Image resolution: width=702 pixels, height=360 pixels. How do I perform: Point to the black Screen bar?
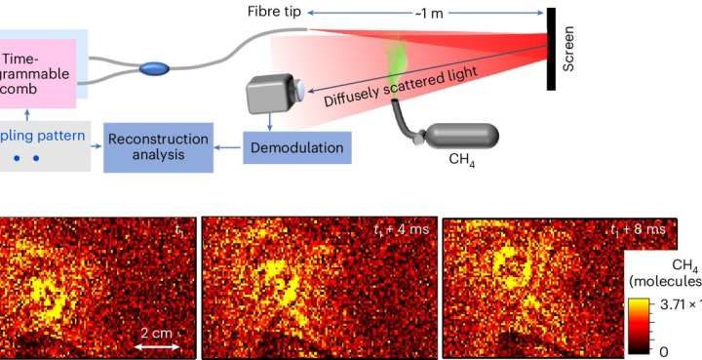pos(552,49)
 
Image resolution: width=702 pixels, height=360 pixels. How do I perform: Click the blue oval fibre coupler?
pos(153,68)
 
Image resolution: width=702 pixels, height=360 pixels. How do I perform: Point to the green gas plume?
pos(400,59)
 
